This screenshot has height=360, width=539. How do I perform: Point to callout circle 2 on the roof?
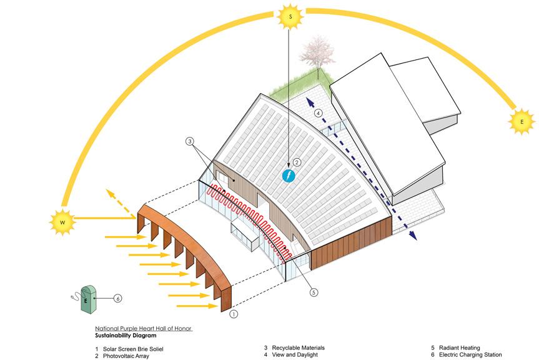pyautogui.click(x=297, y=162)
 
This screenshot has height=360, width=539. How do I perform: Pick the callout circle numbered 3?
pyautogui.click(x=190, y=142)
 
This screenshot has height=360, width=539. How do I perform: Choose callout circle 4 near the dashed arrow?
pyautogui.click(x=319, y=113)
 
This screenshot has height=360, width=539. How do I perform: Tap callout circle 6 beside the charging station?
pyautogui.click(x=117, y=298)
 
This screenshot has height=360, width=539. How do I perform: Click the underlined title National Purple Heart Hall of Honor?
pyautogui.click(x=143, y=328)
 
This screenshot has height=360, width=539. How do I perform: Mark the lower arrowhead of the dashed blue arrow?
pyautogui.click(x=413, y=236)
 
